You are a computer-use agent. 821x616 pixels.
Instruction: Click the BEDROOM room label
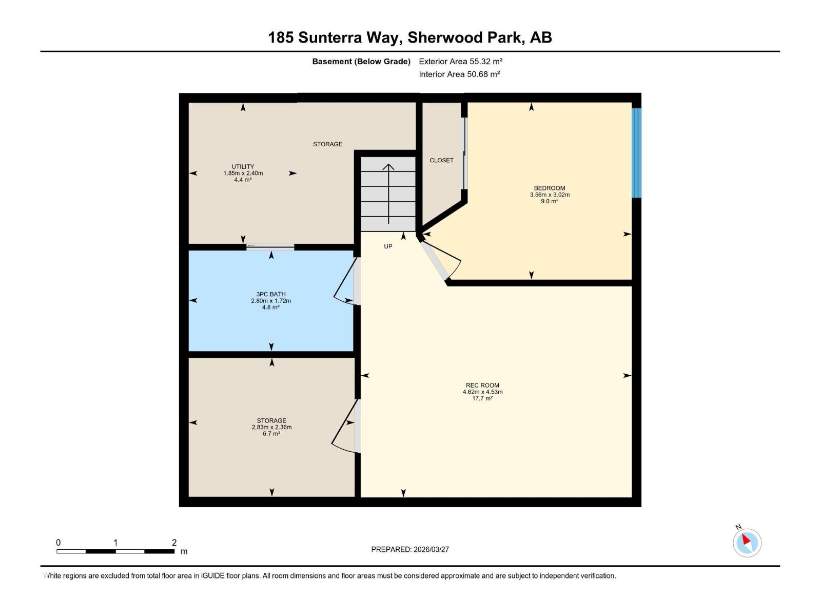point(550,188)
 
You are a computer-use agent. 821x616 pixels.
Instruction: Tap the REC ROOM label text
point(482,385)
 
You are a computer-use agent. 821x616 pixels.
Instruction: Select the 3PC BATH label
point(271,294)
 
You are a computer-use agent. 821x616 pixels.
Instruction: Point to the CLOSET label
point(441,160)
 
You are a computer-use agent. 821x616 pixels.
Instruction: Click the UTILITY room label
point(243,166)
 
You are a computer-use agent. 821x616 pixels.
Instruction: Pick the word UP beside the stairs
point(388,246)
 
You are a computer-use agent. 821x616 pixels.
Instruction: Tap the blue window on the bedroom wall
point(636,153)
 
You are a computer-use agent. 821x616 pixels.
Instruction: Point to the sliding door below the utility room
point(270,247)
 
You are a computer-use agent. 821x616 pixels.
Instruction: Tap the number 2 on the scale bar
point(174,543)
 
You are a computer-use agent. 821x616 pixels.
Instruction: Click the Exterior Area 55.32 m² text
point(460,61)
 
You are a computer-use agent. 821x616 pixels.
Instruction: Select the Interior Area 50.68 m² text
point(459,74)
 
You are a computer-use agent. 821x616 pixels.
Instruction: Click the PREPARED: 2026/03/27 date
point(410,549)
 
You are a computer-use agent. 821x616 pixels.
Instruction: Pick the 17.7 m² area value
point(482,398)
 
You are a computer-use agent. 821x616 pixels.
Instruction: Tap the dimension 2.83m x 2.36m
point(271,427)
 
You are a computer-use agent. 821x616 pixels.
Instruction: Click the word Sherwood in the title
point(446,37)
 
